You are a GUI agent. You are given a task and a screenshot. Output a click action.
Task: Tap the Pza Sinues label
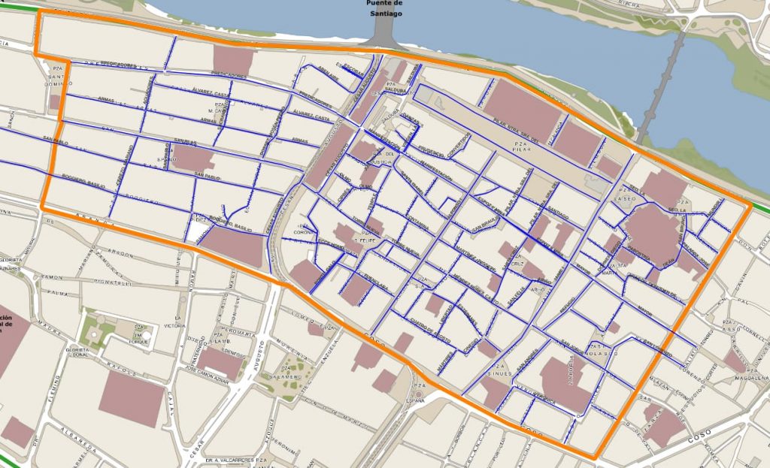(x=499, y=369)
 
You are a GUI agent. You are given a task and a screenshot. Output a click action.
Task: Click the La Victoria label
(x=174, y=326)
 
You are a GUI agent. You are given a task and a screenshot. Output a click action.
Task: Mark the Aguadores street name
(x=147, y=89)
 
